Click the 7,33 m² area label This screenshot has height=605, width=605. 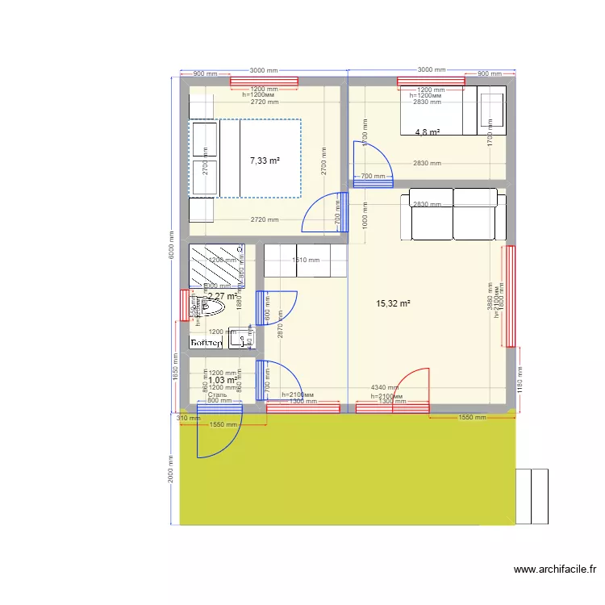(x=265, y=161)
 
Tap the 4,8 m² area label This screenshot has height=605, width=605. (x=428, y=132)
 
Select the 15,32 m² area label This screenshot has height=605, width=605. (x=394, y=303)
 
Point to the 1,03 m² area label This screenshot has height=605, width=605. (x=223, y=380)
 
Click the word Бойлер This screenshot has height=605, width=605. (x=207, y=344)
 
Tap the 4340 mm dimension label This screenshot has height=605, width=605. (x=385, y=388)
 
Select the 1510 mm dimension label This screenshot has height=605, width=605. (x=306, y=260)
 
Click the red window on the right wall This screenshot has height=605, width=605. (x=509, y=296)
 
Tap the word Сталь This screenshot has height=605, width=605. (x=217, y=394)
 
